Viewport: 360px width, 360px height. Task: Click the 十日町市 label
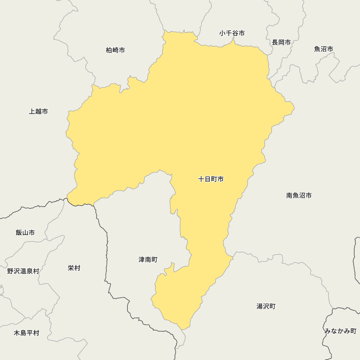point(211,179)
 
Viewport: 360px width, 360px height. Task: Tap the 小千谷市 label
point(232,33)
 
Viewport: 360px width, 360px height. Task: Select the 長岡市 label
point(281,42)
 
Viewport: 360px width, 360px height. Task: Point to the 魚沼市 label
point(324,49)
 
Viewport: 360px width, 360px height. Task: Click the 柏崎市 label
point(116,50)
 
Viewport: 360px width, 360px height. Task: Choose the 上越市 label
point(39,111)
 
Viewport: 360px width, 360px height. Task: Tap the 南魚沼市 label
point(299,195)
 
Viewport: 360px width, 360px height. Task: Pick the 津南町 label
point(148,260)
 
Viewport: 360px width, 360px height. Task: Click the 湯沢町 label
point(266,306)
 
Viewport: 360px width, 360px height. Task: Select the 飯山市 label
point(25,233)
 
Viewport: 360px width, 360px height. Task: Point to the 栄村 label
point(74,268)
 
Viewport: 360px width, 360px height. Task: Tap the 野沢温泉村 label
point(23,271)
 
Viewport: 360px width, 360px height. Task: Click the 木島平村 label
point(26,333)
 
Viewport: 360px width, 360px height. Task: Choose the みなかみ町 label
point(340,331)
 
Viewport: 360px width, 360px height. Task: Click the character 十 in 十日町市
point(202,179)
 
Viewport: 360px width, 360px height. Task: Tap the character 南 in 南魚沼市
point(289,195)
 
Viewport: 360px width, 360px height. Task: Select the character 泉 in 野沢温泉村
point(29,271)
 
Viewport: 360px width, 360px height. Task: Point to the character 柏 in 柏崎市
point(109,50)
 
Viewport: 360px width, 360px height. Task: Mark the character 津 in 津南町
point(142,260)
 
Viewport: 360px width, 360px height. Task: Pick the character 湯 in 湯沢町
point(260,306)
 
